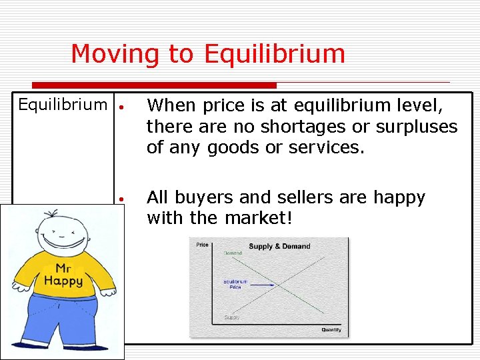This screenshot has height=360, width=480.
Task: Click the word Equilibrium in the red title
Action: point(275,54)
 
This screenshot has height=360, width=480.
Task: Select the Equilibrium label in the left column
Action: point(63,105)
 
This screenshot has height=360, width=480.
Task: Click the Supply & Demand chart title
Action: point(279,246)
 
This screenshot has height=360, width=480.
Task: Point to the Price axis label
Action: point(201,245)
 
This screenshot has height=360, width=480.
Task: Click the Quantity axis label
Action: point(331,330)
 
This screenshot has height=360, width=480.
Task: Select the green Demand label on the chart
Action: point(232,253)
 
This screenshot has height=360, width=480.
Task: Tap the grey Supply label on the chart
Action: point(232,317)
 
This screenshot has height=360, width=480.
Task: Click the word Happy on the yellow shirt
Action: point(63,281)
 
